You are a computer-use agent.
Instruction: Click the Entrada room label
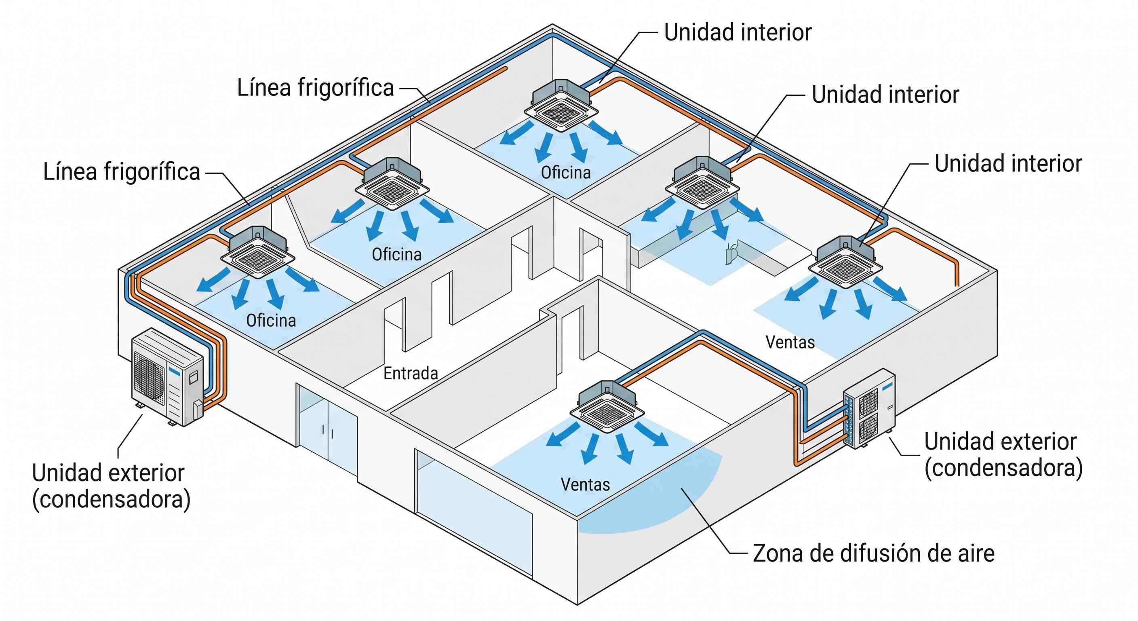[411, 374]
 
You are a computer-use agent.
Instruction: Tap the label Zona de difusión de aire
[873, 553]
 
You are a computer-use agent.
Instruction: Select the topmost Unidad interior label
[738, 32]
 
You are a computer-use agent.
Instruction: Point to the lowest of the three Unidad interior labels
[1008, 163]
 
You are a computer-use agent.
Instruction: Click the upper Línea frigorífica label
[316, 87]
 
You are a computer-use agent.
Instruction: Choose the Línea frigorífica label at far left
[122, 171]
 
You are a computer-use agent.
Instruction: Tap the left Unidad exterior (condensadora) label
[111, 486]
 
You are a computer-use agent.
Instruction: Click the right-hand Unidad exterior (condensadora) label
[1003, 455]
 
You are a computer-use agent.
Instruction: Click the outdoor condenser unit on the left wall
[168, 376]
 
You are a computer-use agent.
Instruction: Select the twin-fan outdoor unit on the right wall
[869, 409]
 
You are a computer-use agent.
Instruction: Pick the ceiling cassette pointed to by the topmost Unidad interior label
[561, 106]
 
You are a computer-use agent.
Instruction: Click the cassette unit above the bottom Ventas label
[607, 407]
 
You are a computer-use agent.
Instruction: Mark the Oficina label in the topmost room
[566, 172]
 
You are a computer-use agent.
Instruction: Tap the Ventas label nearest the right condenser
[790, 342]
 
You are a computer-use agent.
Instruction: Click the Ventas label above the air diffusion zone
[585, 484]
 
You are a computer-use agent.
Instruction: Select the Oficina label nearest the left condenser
[271, 321]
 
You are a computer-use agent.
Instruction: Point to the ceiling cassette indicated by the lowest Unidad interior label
[845, 262]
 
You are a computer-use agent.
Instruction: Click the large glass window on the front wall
[474, 513]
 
